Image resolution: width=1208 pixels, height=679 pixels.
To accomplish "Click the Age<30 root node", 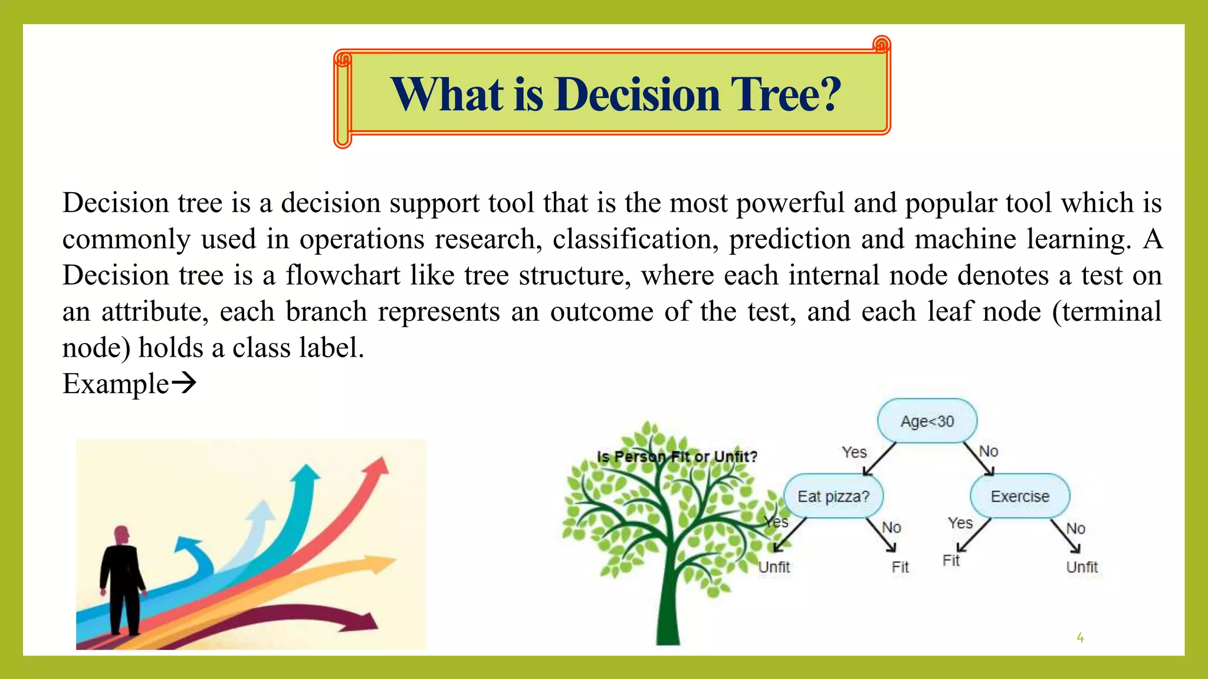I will tap(927, 421).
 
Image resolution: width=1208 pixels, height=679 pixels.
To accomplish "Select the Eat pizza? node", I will tap(833, 496).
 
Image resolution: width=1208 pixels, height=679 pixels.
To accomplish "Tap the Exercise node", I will tap(1020, 496).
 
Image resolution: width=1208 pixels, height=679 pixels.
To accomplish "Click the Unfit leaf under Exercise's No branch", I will tap(1082, 567).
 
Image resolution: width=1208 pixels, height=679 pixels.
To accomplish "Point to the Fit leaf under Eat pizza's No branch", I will tap(900, 567).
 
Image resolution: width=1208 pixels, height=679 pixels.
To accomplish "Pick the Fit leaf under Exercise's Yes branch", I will tap(951, 560).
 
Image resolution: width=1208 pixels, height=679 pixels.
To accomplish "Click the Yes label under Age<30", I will tap(854, 452).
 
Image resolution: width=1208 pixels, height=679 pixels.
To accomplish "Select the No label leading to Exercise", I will tap(989, 451).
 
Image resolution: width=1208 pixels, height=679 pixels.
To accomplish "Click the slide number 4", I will tap(1080, 637).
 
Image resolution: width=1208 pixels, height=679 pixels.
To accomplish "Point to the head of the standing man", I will tap(122, 535).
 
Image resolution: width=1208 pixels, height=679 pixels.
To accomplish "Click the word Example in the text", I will tap(116, 384).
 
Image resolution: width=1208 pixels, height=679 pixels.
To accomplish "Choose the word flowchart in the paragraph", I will tap(343, 275).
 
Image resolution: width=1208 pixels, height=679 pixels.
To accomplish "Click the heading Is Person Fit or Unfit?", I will tap(677, 456).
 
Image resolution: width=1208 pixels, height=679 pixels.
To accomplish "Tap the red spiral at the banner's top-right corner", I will tap(881, 44).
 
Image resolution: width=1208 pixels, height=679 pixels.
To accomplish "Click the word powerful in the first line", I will tap(790, 203).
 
